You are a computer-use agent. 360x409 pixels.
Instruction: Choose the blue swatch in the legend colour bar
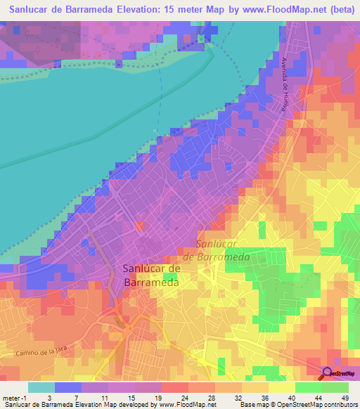[67, 388]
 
